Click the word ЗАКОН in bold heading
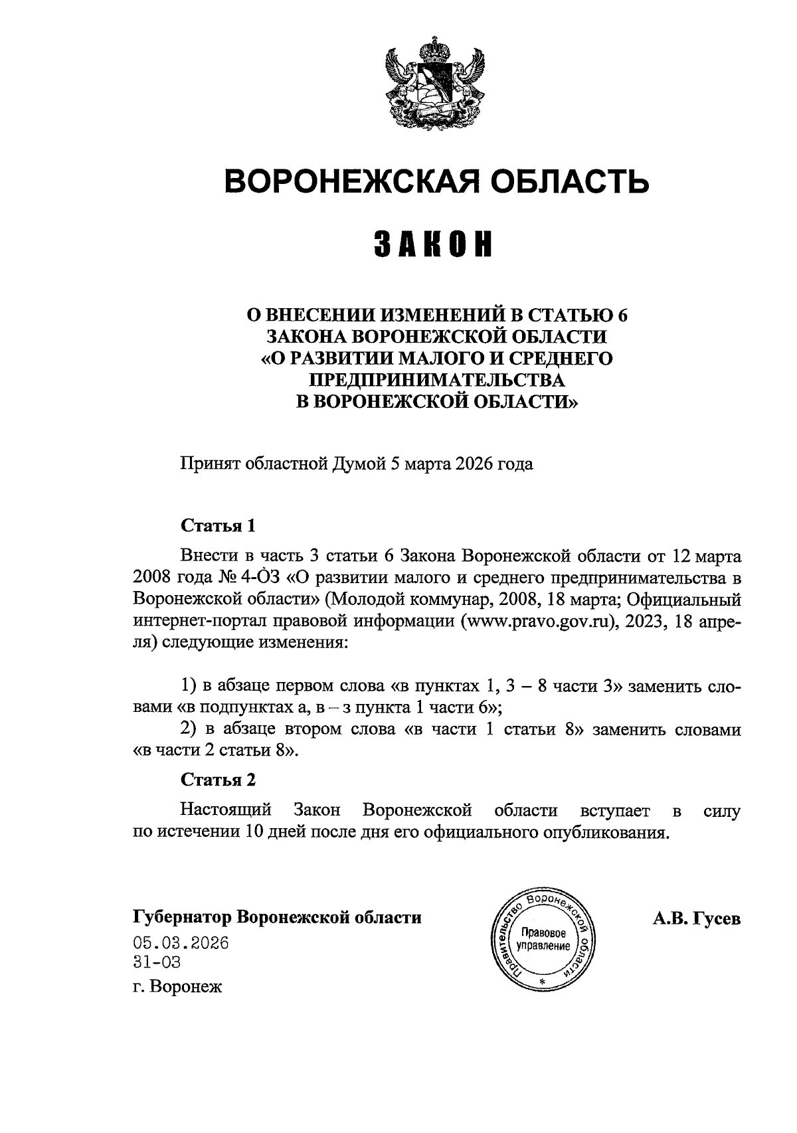(437, 244)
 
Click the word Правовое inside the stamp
(544, 932)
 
